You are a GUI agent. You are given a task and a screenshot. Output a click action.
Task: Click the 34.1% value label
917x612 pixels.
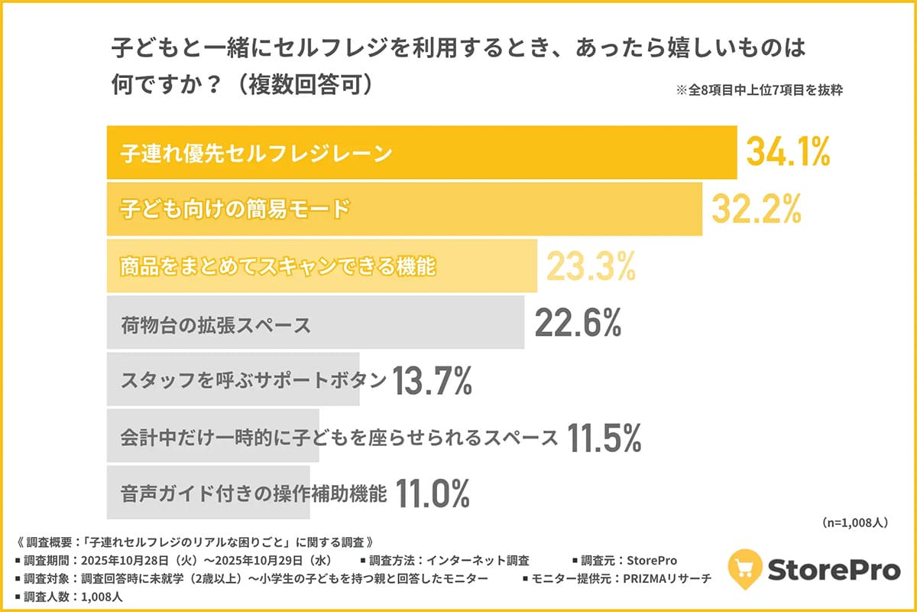coord(787,153)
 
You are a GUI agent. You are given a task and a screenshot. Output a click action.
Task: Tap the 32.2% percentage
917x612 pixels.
coord(757,208)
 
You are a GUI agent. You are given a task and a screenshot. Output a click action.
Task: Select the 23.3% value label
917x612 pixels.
coord(591,266)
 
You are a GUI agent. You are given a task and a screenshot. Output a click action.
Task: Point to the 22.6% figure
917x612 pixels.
coord(578,324)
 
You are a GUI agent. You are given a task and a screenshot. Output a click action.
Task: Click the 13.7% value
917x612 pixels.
coord(432,382)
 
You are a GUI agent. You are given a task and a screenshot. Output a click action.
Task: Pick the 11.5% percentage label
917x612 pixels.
coord(603,438)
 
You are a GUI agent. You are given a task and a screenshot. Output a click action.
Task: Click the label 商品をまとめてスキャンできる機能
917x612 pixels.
coord(277,267)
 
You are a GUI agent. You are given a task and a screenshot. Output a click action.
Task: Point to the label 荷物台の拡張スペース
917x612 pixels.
coord(215,325)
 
